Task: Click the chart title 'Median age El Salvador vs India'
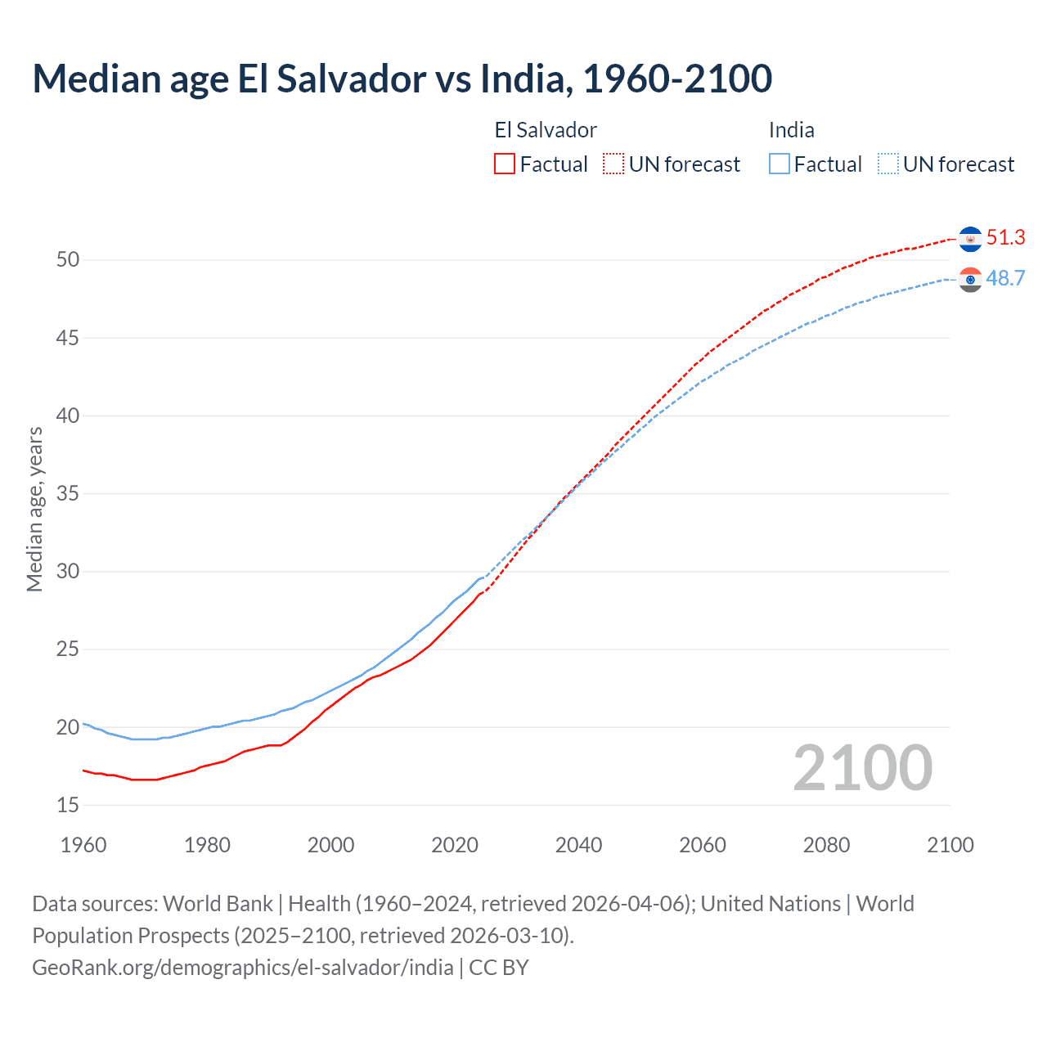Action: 402,79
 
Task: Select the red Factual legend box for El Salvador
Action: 505,164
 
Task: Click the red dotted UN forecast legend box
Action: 613,164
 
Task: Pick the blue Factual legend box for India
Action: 780,164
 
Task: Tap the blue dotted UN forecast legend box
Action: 888,164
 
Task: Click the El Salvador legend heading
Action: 546,130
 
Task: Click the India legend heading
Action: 791,130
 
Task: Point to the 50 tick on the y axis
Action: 68,260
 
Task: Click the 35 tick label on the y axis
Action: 68,493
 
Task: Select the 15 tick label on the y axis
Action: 68,805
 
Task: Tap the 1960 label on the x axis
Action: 83,845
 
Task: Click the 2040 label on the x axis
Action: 578,845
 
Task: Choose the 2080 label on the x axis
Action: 826,845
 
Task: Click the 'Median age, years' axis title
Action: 34,509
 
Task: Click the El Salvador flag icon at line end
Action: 970,239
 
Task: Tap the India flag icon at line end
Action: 970,280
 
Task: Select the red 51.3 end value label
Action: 1005,238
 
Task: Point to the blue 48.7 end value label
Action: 1005,279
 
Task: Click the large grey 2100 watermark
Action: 862,768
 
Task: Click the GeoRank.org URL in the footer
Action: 243,968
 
